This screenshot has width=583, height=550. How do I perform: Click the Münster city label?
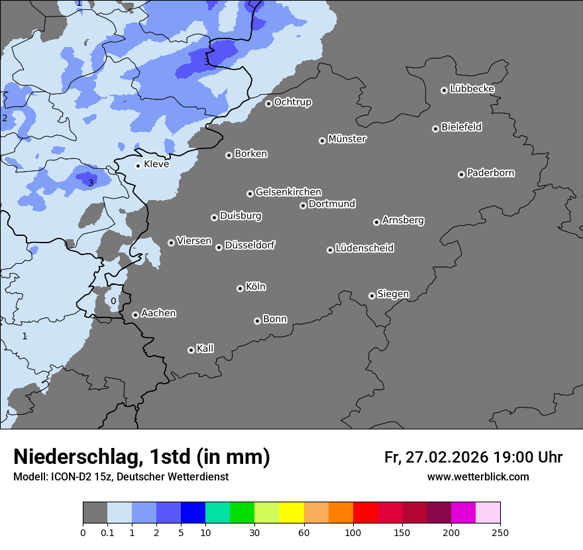coord(346,139)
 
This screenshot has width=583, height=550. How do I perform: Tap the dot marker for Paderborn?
coord(461,174)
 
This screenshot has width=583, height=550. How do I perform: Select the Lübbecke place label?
coord(472,89)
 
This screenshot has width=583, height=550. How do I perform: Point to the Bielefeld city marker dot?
coord(435,129)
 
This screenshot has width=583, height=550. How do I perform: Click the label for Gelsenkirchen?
coord(288,192)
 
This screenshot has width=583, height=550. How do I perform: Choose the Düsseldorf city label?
coord(250,245)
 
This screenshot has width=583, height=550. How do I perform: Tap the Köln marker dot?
coord(240,288)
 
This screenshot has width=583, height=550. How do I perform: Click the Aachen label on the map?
coord(158,313)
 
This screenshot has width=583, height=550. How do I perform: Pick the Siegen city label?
coord(393,294)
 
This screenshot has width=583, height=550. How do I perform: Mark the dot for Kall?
coord(191,350)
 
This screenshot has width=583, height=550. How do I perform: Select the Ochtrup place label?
coord(292,102)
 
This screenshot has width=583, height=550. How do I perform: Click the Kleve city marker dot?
coord(138,166)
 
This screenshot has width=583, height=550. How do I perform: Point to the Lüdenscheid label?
coord(364,248)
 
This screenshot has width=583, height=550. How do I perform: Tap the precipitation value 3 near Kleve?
coord(91,183)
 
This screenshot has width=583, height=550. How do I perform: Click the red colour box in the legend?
coord(365,513)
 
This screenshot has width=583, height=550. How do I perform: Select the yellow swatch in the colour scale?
coord(291,513)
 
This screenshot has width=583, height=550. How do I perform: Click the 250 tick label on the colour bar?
coord(500,532)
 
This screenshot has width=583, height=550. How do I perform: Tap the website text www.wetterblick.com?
coord(478,477)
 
